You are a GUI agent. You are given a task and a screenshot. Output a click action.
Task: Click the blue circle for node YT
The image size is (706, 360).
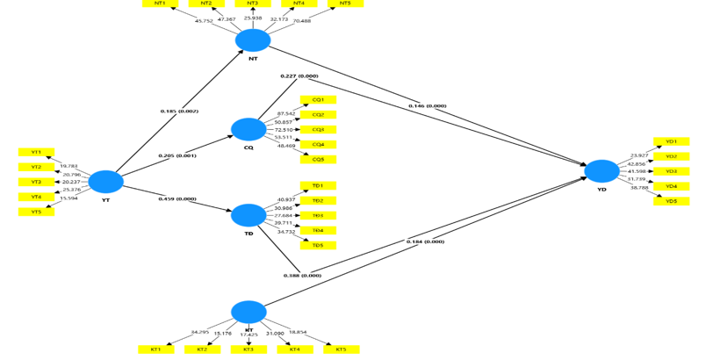(106, 182)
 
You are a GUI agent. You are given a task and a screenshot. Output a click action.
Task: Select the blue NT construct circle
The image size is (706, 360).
(253, 40)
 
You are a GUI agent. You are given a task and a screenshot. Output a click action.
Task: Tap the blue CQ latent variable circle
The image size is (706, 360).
(249, 129)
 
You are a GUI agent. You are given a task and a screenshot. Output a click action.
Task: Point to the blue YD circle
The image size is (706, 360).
(602, 171)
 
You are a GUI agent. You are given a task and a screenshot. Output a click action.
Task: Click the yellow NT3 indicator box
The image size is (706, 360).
(253, 4)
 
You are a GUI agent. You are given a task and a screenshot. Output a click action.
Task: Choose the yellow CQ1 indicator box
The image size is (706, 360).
(318, 100)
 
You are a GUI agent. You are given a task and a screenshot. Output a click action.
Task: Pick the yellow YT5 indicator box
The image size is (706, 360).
(36, 212)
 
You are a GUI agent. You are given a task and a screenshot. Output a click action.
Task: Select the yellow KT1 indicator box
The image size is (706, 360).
(155, 349)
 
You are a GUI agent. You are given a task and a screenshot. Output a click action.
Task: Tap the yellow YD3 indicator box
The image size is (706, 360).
(671, 171)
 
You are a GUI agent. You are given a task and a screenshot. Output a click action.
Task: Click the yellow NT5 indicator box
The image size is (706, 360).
(345, 4)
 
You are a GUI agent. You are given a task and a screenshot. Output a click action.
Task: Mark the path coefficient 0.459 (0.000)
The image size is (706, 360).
(177, 199)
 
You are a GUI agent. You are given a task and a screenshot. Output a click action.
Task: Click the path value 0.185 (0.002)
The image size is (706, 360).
(179, 112)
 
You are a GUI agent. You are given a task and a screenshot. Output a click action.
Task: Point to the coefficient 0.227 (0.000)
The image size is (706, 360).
(299, 76)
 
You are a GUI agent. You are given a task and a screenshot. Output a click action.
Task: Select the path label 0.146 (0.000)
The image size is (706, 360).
(428, 106)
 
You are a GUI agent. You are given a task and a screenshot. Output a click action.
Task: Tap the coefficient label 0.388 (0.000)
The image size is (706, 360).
(302, 276)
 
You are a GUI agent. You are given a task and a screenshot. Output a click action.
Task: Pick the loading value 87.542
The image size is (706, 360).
(286, 114)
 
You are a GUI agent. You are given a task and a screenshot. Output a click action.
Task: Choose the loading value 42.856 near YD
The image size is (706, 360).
(638, 163)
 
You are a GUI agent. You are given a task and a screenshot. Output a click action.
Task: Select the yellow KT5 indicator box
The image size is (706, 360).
(341, 349)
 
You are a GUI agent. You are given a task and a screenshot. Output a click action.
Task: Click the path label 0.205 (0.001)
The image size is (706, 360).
(177, 155)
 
